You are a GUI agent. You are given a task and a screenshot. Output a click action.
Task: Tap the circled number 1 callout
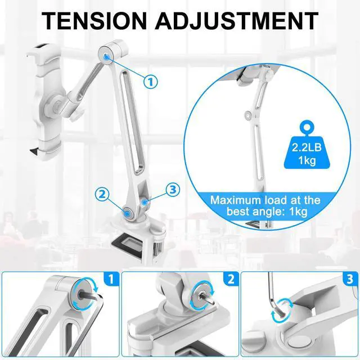pyautogui.click(x=150, y=82)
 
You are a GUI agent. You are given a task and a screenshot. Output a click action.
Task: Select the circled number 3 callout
pyautogui.click(x=172, y=188)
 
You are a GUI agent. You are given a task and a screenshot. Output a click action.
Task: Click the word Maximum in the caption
pyautogui.click(x=236, y=200)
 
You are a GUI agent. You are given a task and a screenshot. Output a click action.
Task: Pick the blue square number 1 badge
pyautogui.click(x=111, y=278)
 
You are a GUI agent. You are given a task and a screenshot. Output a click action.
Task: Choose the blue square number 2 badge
pyautogui.click(x=230, y=278)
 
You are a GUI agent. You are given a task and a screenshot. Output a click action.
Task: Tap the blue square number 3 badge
pyautogui.click(x=349, y=278)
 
